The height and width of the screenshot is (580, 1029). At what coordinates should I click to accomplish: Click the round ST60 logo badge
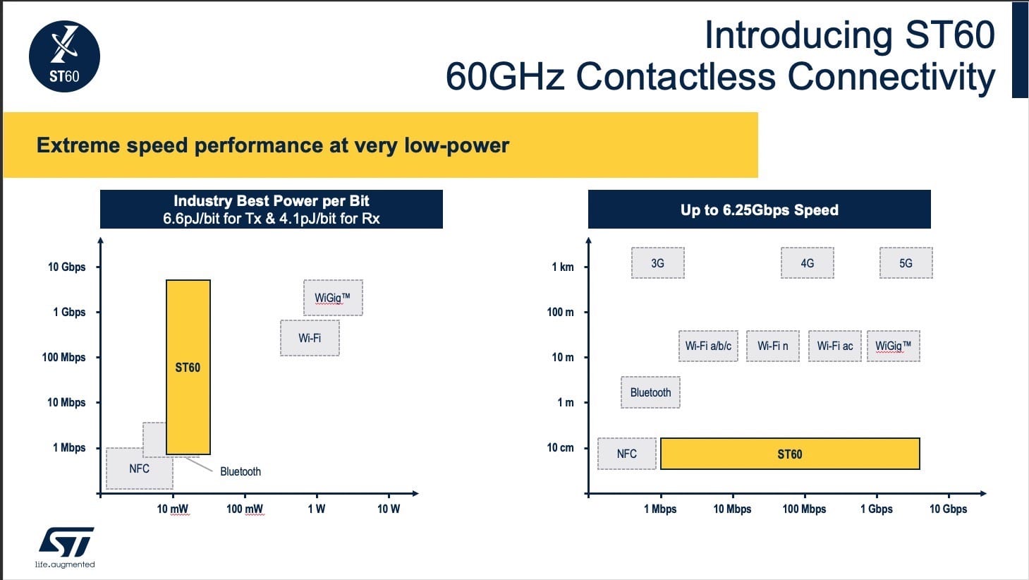pyautogui.click(x=64, y=56)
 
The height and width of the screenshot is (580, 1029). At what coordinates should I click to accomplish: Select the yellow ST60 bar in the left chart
pyautogui.click(x=188, y=367)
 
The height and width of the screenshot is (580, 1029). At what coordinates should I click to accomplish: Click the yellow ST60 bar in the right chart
pyautogui.click(x=789, y=454)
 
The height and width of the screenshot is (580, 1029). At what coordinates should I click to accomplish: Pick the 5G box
pyautogui.click(x=906, y=262)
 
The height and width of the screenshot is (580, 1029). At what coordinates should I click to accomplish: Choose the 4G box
pyautogui.click(x=807, y=262)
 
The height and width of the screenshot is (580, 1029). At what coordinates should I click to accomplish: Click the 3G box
pyautogui.click(x=657, y=262)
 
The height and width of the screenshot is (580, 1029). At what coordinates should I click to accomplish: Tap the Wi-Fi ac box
pyautogui.click(x=834, y=346)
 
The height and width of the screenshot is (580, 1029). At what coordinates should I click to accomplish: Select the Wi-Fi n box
pyautogui.click(x=772, y=346)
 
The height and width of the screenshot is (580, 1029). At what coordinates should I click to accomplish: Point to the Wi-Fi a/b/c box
pyautogui.click(x=708, y=346)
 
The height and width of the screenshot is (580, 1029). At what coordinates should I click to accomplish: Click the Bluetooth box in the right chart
pyautogui.click(x=650, y=392)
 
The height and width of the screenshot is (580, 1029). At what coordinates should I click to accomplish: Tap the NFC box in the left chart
pyautogui.click(x=139, y=469)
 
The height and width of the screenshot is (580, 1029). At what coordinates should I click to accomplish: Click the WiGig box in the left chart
pyautogui.click(x=333, y=298)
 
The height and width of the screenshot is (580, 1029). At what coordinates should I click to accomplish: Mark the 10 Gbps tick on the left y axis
pyautogui.click(x=66, y=267)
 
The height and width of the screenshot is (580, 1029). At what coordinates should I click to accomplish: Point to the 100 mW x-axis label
pyautogui.click(x=244, y=509)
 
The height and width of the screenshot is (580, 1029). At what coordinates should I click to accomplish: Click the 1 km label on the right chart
pyautogui.click(x=562, y=267)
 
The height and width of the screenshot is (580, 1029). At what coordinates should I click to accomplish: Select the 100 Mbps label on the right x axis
pyautogui.click(x=804, y=509)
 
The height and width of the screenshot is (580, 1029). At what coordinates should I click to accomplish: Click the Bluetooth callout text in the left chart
pyautogui.click(x=240, y=471)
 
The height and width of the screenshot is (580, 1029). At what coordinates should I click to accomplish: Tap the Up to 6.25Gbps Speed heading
pyautogui.click(x=759, y=210)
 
